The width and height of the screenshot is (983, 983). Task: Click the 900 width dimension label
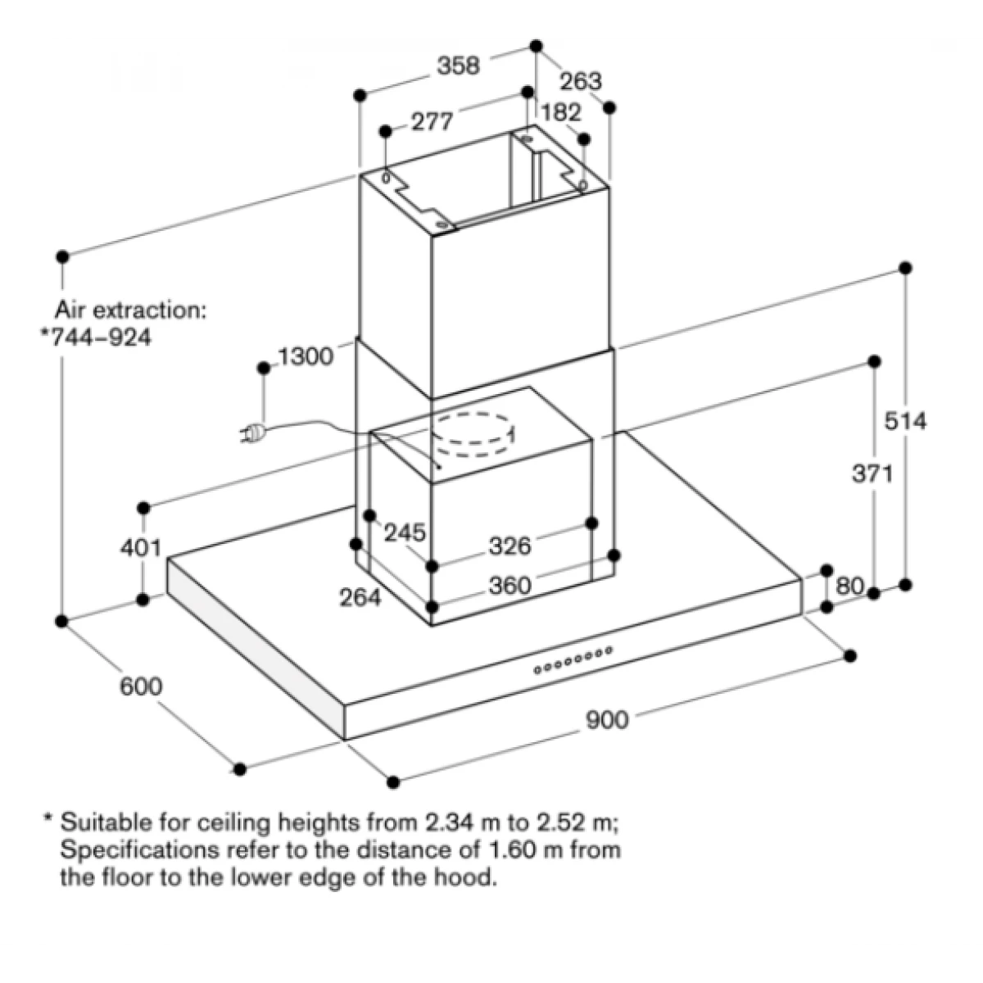pyautogui.click(x=607, y=721)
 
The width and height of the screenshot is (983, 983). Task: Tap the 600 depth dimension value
pyautogui.click(x=141, y=686)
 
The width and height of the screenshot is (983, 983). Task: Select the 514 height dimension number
pyautogui.click(x=905, y=421)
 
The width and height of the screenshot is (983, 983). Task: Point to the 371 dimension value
pyautogui.click(x=872, y=474)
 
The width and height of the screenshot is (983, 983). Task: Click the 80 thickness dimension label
pyautogui.click(x=849, y=587)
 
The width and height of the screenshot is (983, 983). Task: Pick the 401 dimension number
pyautogui.click(x=141, y=548)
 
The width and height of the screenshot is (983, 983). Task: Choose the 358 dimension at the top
pyautogui.click(x=458, y=66)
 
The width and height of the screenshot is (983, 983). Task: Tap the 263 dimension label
pyautogui.click(x=581, y=81)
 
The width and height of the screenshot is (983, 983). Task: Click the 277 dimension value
pyautogui.click(x=432, y=122)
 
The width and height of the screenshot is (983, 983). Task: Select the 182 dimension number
pyautogui.click(x=560, y=113)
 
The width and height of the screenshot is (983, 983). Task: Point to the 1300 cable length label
pyautogui.click(x=306, y=356)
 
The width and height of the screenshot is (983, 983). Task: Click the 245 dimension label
pyautogui.click(x=405, y=533)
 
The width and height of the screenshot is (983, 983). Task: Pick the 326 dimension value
pyautogui.click(x=510, y=546)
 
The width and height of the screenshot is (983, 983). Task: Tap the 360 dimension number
pyautogui.click(x=510, y=585)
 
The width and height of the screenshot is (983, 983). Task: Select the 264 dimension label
pyautogui.click(x=360, y=597)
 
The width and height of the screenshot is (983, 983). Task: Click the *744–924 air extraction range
pyautogui.click(x=96, y=337)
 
